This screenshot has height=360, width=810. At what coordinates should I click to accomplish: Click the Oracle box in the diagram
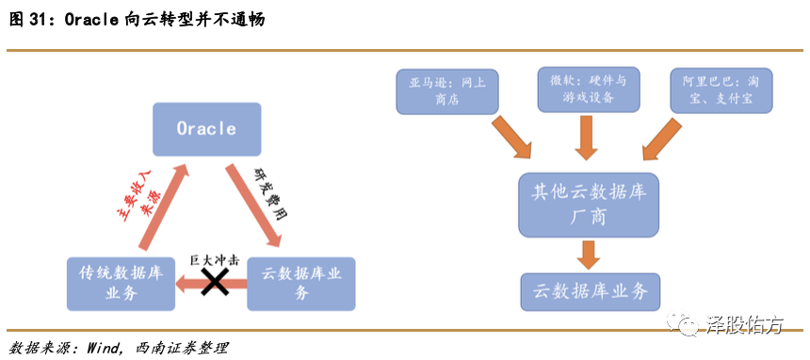(206, 129)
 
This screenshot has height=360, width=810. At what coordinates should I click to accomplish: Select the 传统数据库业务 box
(121, 284)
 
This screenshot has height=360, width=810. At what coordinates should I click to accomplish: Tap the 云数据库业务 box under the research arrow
(301, 284)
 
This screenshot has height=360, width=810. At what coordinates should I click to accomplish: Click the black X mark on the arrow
(215, 284)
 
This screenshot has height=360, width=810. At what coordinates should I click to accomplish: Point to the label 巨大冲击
(214, 261)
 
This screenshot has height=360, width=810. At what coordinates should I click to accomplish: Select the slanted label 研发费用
(270, 192)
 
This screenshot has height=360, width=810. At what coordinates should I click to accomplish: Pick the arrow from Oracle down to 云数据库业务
(254, 205)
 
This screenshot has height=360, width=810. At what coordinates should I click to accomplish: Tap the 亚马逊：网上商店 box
(447, 91)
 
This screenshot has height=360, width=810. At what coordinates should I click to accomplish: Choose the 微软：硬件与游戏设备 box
(589, 90)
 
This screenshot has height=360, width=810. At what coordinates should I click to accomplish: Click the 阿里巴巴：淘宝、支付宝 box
(721, 90)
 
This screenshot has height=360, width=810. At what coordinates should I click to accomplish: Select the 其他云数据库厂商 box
(589, 205)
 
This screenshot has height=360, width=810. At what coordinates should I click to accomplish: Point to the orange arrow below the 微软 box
(588, 138)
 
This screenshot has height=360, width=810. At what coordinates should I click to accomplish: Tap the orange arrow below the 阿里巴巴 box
(662, 139)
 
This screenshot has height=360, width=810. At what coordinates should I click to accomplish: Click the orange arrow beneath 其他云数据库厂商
(589, 254)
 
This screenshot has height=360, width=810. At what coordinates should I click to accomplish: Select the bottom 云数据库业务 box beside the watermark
(591, 292)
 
